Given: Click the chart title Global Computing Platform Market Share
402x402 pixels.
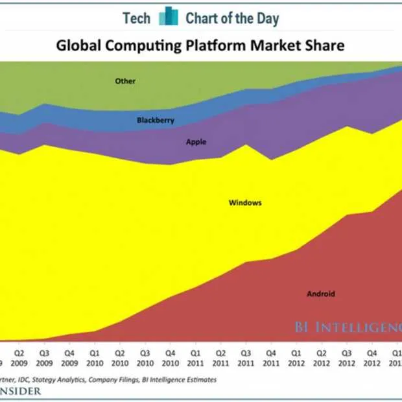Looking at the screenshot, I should coord(200,46).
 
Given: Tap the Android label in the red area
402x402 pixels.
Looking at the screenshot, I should coord(321,294).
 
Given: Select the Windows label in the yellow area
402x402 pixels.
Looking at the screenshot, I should coord(245,203).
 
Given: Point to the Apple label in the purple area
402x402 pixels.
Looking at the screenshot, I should coord(196,142).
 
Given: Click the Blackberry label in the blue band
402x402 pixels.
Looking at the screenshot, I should coord(156,121).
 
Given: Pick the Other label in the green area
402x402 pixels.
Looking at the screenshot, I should coord(125,82).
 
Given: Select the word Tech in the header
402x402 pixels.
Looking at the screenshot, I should coord(137,18).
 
